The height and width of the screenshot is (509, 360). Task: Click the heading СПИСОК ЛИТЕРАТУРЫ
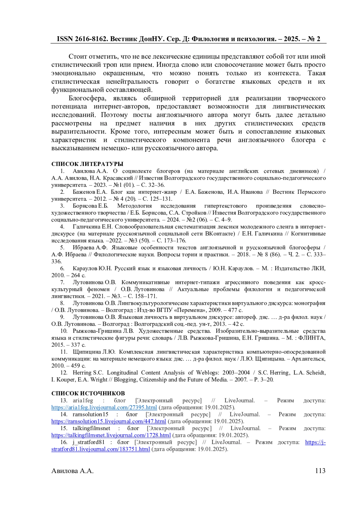point(87,164)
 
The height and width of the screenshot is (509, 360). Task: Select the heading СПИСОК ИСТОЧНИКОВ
point(88,393)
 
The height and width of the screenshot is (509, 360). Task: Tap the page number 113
point(320,471)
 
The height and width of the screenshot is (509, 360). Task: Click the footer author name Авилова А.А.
point(72,471)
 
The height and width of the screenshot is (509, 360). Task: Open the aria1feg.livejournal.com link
point(104,407)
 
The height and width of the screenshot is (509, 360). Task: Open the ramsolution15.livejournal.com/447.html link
point(108,421)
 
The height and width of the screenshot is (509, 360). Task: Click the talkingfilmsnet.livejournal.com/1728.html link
point(111,435)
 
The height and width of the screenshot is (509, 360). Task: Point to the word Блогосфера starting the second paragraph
point(88,98)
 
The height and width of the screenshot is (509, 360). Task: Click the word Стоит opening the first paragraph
point(77,57)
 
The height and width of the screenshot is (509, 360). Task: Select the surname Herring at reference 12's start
point(82,373)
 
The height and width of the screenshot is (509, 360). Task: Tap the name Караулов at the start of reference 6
point(85,268)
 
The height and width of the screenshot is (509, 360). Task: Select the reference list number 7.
point(62,282)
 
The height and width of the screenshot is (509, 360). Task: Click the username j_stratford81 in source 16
point(88,442)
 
